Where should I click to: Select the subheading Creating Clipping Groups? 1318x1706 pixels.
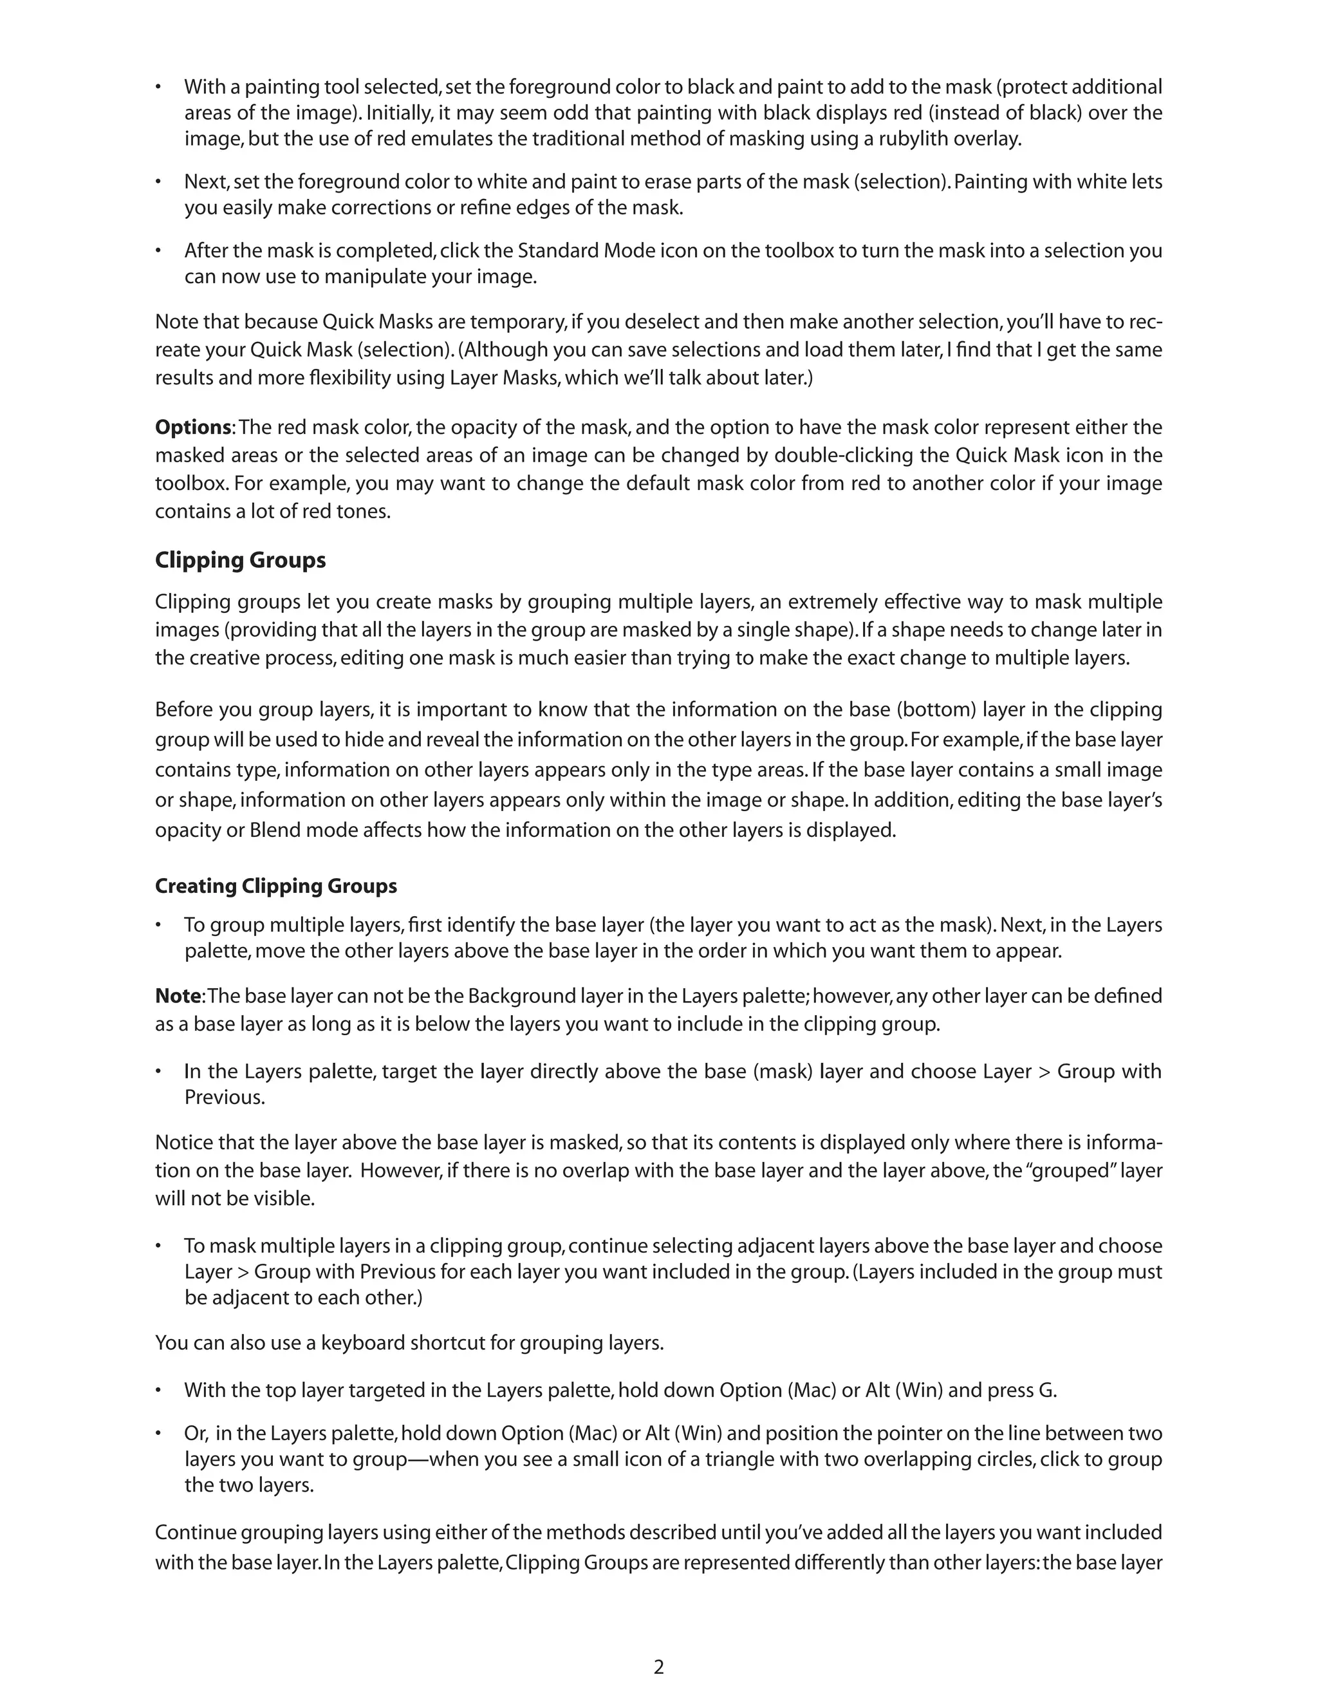pos(275,886)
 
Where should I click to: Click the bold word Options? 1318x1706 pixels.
pos(193,427)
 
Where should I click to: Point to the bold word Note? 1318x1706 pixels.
pos(178,996)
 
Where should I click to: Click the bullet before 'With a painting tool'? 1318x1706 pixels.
pos(158,87)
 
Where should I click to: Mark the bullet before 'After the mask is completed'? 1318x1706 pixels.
pos(158,250)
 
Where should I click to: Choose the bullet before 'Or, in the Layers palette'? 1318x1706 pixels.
pos(158,1434)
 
